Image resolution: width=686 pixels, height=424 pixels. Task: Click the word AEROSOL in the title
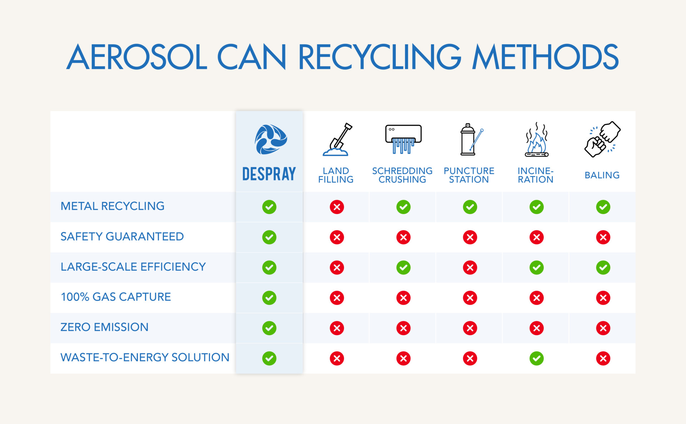click(x=137, y=57)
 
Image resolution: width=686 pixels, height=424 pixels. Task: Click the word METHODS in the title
click(x=545, y=57)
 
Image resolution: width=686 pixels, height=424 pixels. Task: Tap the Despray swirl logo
click(x=270, y=139)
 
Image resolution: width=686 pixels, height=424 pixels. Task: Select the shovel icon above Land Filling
click(x=337, y=139)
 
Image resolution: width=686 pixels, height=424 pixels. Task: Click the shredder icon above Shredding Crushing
click(x=403, y=139)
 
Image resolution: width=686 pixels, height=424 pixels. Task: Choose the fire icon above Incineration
click(x=537, y=139)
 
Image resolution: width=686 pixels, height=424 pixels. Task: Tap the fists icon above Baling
click(x=602, y=139)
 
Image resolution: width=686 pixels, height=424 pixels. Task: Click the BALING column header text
click(x=602, y=175)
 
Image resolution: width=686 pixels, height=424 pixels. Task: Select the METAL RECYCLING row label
click(x=113, y=206)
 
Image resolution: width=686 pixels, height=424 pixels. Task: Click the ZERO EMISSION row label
click(x=104, y=327)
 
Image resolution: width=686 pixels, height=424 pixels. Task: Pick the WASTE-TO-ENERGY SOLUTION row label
click(x=145, y=358)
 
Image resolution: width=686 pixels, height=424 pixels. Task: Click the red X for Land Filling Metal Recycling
click(x=337, y=207)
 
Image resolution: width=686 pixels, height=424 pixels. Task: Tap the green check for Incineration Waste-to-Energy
click(x=537, y=358)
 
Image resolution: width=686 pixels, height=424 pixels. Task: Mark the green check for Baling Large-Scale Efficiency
click(x=603, y=267)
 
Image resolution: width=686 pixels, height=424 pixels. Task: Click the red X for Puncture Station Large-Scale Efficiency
click(x=470, y=267)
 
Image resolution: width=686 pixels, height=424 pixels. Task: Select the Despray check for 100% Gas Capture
click(x=269, y=298)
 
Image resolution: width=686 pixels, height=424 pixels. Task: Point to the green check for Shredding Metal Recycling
click(x=403, y=207)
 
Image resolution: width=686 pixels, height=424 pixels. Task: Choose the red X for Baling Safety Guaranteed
click(x=603, y=237)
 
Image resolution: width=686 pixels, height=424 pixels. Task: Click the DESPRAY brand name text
click(x=269, y=174)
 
